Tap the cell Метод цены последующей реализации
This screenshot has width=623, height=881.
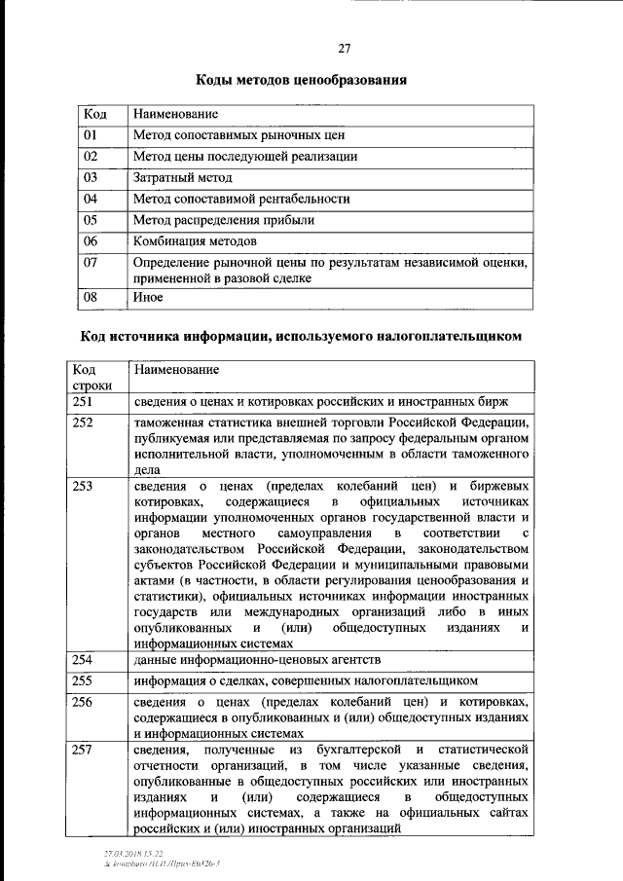pyautogui.click(x=245, y=156)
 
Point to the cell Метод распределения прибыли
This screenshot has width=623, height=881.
pyautogui.click(x=224, y=220)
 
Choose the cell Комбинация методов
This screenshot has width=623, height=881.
pyautogui.click(x=196, y=240)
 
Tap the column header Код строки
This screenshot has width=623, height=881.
pyautogui.click(x=92, y=378)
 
